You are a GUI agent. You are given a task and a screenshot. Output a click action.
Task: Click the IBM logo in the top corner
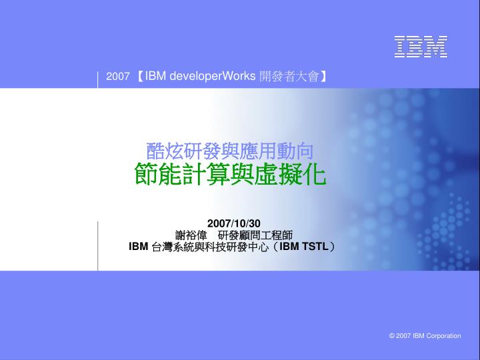pos(421,47)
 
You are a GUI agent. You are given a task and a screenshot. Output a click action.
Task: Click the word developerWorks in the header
pos(213,76)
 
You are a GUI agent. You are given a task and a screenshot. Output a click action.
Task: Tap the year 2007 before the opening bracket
pos(118,76)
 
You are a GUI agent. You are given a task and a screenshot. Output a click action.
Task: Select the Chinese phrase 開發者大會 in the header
pos(289,76)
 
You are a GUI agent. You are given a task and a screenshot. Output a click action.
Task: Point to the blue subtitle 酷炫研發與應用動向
pos(229,151)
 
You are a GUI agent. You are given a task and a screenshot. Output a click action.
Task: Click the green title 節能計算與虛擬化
pos(230,173)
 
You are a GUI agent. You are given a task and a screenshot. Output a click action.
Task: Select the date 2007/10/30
pos(234,223)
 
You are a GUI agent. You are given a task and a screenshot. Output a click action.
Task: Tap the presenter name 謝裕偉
pos(191,235)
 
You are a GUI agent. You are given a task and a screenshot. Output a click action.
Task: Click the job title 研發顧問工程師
pos(255,235)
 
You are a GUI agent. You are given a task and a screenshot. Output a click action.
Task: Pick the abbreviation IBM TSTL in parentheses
pos(304,247)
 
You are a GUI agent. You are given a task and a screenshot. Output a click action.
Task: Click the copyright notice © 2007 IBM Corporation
pos(425,336)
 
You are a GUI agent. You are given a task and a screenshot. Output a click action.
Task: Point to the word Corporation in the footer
pos(443,336)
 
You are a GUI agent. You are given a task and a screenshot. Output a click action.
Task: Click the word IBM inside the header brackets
pos(155,76)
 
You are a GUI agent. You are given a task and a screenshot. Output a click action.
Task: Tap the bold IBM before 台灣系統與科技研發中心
pos(139,247)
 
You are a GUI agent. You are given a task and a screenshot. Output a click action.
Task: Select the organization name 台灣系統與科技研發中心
pos(210,247)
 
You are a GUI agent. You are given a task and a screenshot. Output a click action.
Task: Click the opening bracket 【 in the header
pos(139,76)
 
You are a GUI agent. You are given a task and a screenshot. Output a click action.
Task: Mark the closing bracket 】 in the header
pos(323,76)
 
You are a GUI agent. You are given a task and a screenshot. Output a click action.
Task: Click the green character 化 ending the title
pos(315,174)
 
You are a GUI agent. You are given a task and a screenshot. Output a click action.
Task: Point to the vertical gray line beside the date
pos(97,246)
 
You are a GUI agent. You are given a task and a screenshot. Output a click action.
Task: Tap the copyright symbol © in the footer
pos(392,336)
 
